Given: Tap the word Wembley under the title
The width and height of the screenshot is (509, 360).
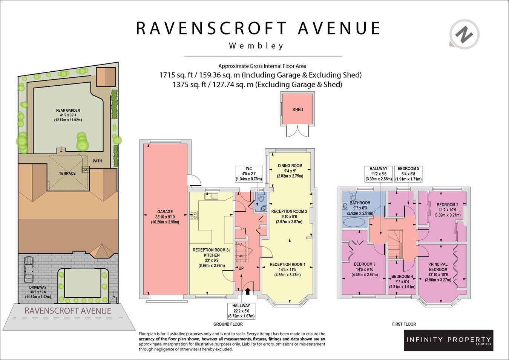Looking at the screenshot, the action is click(x=256, y=46).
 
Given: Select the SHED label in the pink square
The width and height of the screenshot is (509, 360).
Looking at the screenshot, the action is click(x=298, y=109).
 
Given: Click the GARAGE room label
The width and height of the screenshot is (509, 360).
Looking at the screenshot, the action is click(x=165, y=211).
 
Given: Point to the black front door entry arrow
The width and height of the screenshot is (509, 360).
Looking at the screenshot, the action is click(x=248, y=291).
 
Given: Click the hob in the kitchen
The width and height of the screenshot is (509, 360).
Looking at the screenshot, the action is click(x=194, y=215).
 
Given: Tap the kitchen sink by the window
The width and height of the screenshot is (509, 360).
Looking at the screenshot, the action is click(x=211, y=196).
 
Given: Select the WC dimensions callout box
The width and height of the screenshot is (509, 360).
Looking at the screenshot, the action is click(x=249, y=174).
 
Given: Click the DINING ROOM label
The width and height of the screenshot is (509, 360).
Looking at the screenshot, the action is click(x=290, y=166).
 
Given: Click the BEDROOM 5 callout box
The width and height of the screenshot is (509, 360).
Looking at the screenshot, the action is click(x=408, y=174).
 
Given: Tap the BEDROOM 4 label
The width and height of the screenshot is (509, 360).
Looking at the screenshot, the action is click(x=402, y=276).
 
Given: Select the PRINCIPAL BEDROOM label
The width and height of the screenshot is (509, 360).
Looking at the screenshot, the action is click(x=438, y=267).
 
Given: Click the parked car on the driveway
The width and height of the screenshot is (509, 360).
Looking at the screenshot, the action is click(x=29, y=269).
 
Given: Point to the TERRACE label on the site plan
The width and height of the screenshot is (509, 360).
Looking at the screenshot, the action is click(x=67, y=173).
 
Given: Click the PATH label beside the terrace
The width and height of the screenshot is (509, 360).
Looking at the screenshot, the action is click(x=97, y=161).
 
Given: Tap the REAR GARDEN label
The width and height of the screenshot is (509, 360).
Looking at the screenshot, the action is click(x=68, y=110).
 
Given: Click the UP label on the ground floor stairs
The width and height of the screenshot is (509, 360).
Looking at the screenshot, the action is click(x=241, y=268).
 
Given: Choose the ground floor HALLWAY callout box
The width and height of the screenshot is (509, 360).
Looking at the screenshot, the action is click(x=241, y=311).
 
